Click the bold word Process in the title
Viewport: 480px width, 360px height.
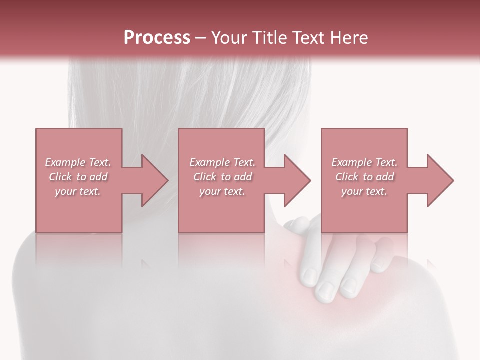click(157, 38)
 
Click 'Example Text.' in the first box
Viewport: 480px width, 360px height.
click(78, 162)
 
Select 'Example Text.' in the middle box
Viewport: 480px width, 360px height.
click(222, 162)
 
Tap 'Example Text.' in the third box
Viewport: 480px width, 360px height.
click(364, 162)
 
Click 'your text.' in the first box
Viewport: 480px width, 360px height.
click(78, 191)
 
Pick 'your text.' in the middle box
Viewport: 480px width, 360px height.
click(222, 191)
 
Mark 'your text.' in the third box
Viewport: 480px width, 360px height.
click(364, 191)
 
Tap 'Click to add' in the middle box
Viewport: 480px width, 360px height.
click(222, 177)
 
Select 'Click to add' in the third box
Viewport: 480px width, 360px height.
click(364, 177)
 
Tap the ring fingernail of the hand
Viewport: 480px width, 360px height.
click(348, 286)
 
